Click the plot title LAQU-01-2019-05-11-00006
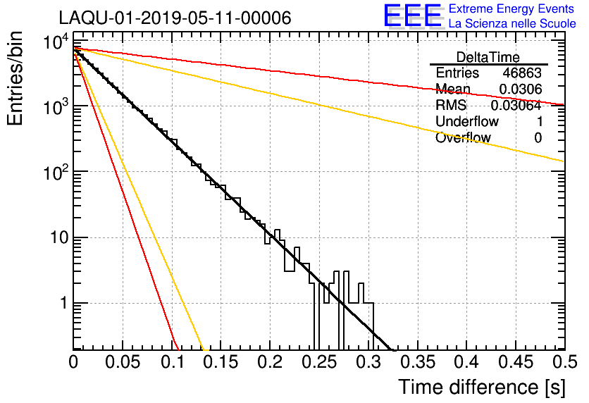click(x=175, y=18)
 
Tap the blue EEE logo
click(x=413, y=15)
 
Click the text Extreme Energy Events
click(x=512, y=8)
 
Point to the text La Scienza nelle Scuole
click(x=512, y=23)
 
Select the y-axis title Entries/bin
click(x=15, y=79)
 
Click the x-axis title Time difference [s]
click(x=482, y=387)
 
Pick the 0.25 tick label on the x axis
click(x=319, y=362)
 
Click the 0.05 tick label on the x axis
click(x=123, y=362)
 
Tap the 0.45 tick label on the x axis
click(x=516, y=362)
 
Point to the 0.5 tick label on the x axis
click(x=564, y=362)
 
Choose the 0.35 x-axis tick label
click(x=417, y=362)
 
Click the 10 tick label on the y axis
click(x=60, y=237)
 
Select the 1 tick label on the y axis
click(x=64, y=303)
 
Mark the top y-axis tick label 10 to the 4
click(x=56, y=41)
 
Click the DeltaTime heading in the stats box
click(x=488, y=57)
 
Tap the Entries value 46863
click(x=522, y=73)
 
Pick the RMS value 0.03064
click(x=516, y=106)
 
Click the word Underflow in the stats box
click(x=467, y=121)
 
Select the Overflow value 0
click(x=538, y=138)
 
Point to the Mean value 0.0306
click(x=520, y=89)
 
